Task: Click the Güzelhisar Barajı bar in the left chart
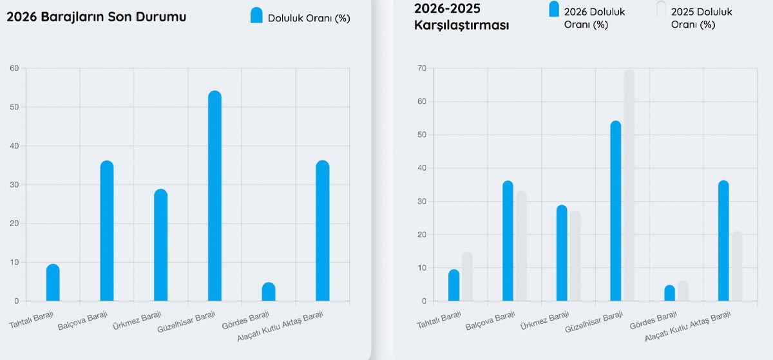215,196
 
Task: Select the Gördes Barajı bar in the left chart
269,292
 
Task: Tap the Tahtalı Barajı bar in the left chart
53,283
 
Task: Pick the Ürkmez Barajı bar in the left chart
160,245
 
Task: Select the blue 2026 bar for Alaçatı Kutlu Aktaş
723,241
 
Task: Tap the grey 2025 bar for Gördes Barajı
683,291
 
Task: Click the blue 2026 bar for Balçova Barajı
508,241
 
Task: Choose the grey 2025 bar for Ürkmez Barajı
575,256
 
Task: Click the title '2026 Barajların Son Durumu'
97,17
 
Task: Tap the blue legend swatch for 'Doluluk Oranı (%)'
256,15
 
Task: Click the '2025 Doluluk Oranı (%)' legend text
701,18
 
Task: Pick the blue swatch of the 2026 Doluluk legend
553,10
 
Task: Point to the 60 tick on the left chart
14,68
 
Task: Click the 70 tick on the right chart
421,68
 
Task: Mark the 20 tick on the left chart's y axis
14,224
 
